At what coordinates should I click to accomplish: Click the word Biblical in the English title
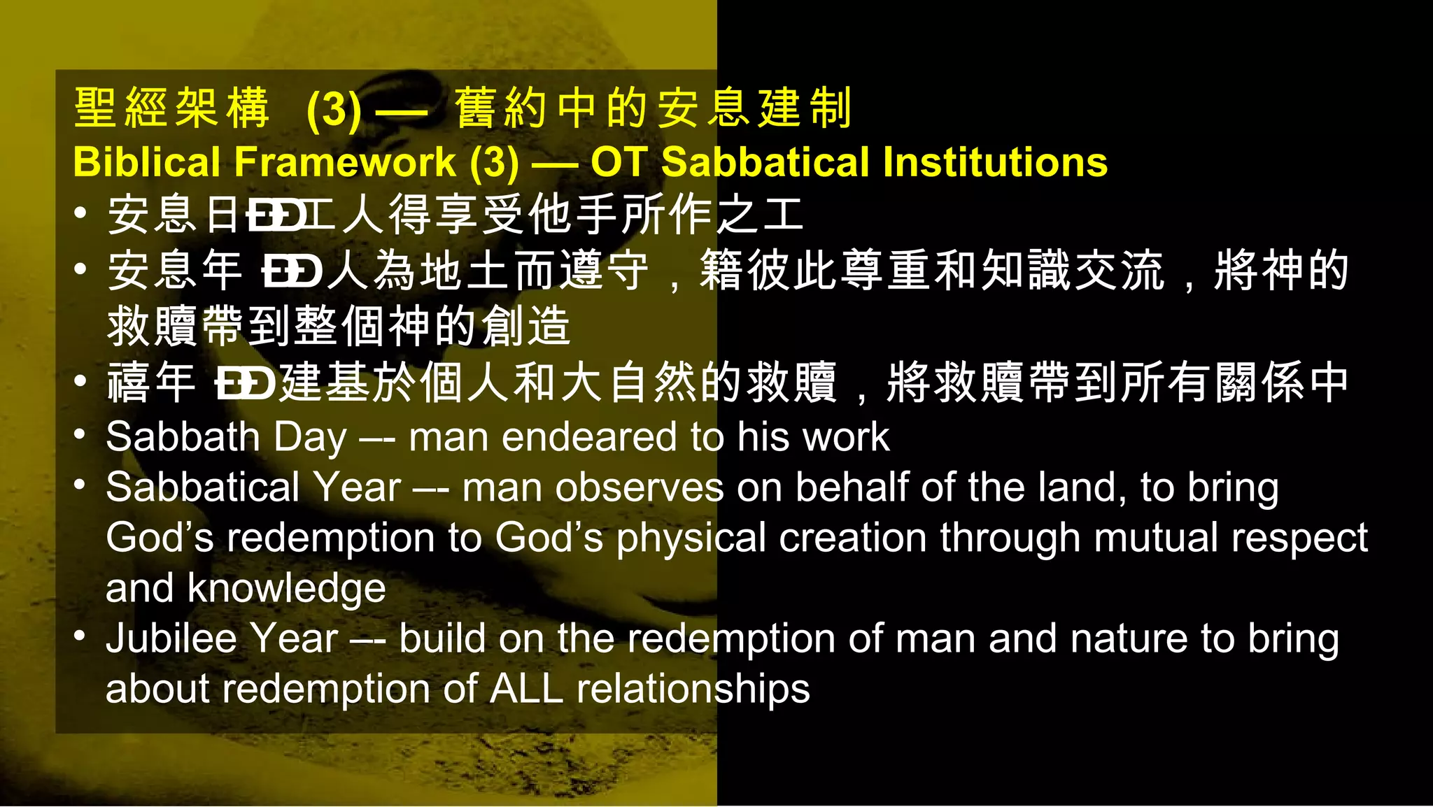pyautogui.click(x=146, y=162)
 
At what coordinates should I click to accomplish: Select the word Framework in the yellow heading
pyautogui.click(x=345, y=162)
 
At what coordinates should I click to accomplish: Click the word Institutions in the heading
pyautogui.click(x=995, y=162)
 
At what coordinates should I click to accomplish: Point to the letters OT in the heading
pyautogui.click(x=619, y=162)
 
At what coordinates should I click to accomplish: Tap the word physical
pyautogui.click(x=691, y=538)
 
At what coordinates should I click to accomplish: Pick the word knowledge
pyautogui.click(x=286, y=588)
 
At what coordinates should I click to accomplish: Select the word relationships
pyautogui.click(x=693, y=690)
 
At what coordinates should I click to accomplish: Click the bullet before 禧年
pyautogui.click(x=80, y=381)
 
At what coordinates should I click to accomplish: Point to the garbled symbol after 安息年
pyautogui.click(x=292, y=271)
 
